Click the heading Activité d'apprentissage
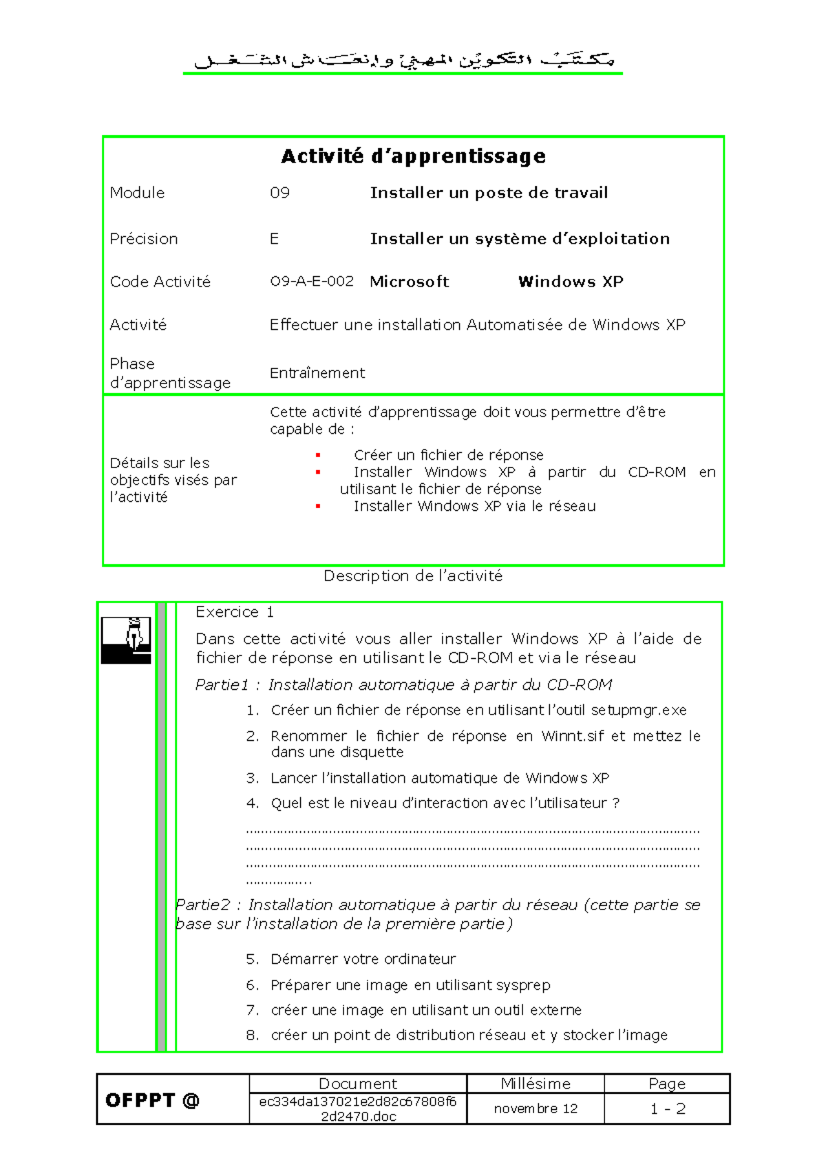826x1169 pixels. point(413,156)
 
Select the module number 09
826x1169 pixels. point(279,193)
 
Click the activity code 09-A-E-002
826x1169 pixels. point(311,282)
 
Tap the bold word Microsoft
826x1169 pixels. point(409,282)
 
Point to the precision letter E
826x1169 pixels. point(274,239)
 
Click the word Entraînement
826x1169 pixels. point(317,373)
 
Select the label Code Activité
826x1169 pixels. point(160,282)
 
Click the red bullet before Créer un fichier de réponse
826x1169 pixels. point(318,455)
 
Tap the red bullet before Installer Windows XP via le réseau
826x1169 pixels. point(318,506)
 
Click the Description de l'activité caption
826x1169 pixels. point(413,576)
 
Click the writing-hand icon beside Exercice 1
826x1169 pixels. point(126,640)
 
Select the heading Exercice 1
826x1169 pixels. point(235,612)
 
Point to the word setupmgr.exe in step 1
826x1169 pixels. point(638,710)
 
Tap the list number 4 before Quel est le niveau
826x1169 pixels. point(252,803)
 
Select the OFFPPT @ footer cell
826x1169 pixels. point(152,1100)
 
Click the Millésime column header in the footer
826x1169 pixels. point(536,1084)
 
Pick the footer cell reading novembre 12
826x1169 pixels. point(536,1108)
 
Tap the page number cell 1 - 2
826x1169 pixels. point(667,1108)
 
